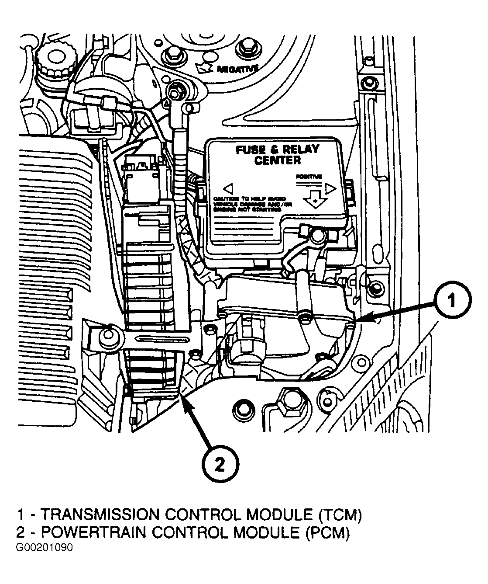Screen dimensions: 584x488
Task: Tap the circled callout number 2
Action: click(x=220, y=465)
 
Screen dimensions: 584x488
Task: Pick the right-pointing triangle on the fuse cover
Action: click(x=330, y=189)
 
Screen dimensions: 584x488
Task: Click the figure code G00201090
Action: click(x=44, y=548)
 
